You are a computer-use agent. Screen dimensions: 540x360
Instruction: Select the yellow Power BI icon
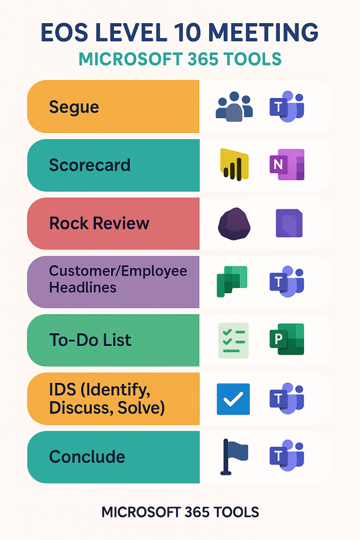(x=233, y=165)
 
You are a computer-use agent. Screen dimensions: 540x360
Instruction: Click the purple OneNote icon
(x=287, y=165)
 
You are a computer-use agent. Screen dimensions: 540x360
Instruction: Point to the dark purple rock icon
(x=233, y=223)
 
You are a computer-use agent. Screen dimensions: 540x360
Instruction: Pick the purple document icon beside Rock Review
(x=289, y=223)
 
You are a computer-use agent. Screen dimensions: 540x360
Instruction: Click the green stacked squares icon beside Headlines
(x=232, y=281)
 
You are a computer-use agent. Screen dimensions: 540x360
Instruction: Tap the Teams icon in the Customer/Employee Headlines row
(x=287, y=281)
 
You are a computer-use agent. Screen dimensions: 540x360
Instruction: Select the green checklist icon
(x=233, y=340)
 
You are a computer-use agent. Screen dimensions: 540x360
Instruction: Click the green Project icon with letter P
(x=287, y=340)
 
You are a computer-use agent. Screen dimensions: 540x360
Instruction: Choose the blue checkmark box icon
(x=233, y=399)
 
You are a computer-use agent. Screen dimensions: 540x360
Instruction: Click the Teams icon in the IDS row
(x=287, y=399)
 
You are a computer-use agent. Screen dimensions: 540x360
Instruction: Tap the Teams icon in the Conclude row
(x=287, y=457)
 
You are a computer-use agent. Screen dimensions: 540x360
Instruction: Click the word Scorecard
(x=90, y=165)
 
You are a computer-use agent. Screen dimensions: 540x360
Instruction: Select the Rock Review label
(x=99, y=223)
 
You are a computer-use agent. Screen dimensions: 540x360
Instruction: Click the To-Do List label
(x=90, y=340)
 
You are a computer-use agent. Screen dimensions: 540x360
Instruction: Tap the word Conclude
(x=87, y=457)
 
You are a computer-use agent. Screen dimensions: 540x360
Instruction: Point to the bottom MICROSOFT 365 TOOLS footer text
(x=180, y=512)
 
